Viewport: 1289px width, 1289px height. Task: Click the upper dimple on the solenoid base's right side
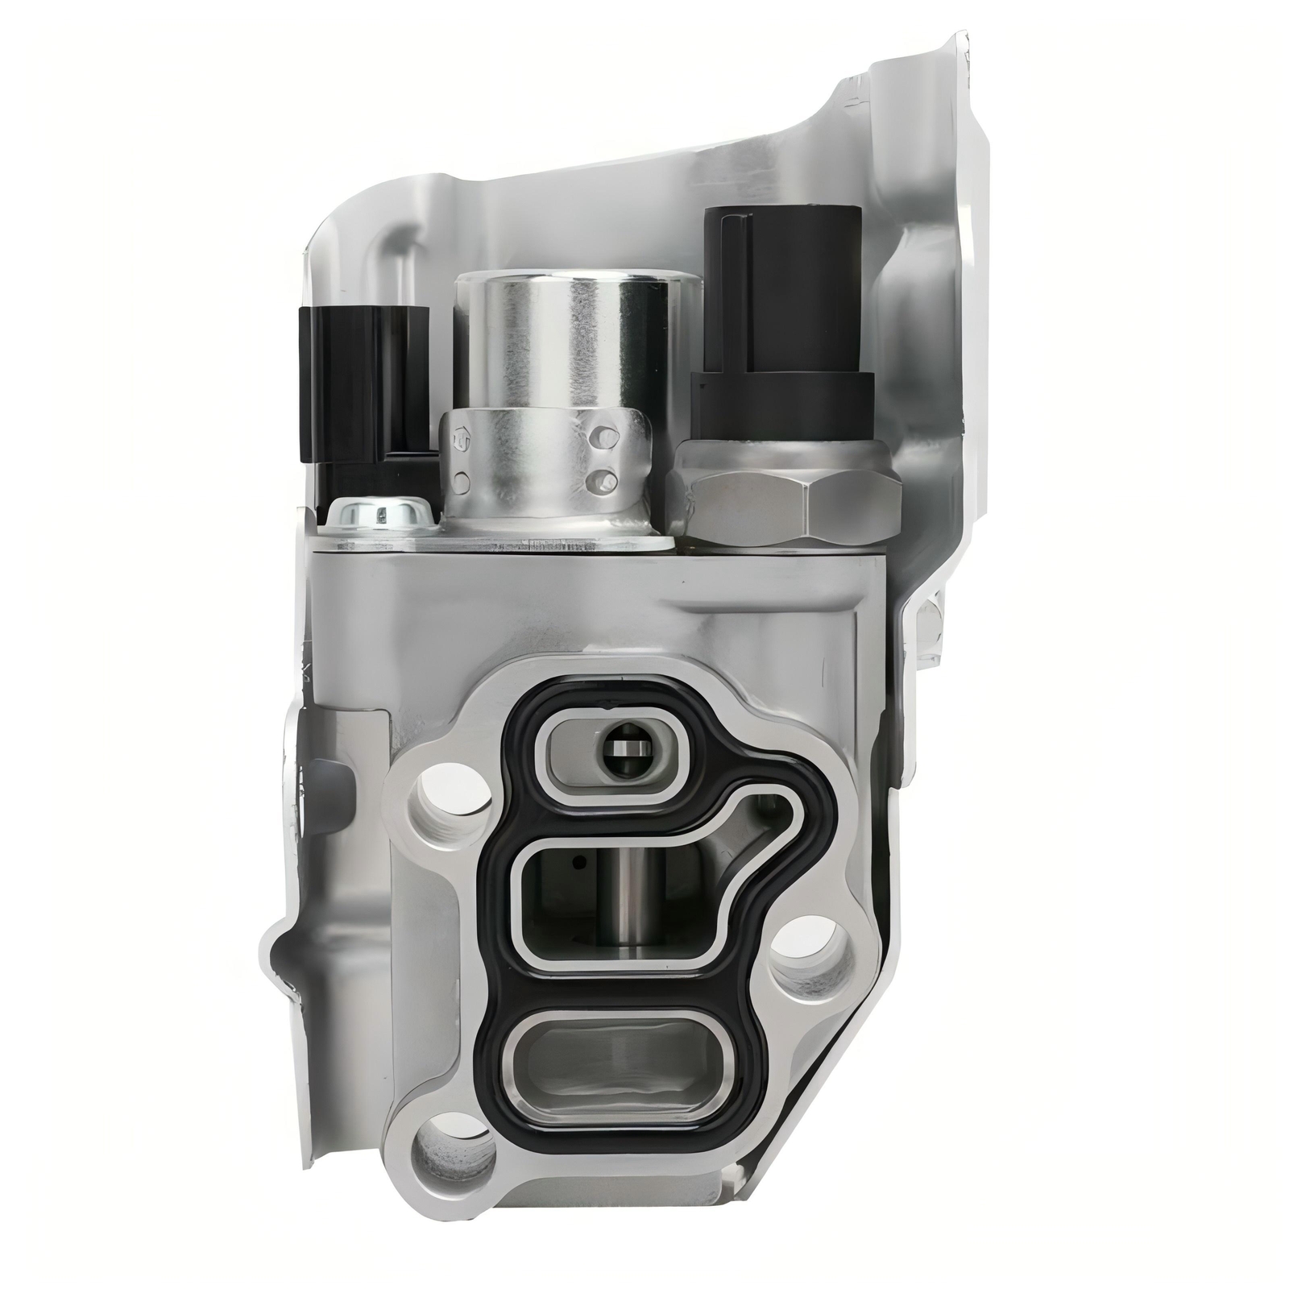(x=597, y=437)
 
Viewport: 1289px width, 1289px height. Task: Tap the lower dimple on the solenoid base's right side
(x=597, y=480)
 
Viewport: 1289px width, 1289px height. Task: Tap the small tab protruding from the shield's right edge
(x=935, y=628)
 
